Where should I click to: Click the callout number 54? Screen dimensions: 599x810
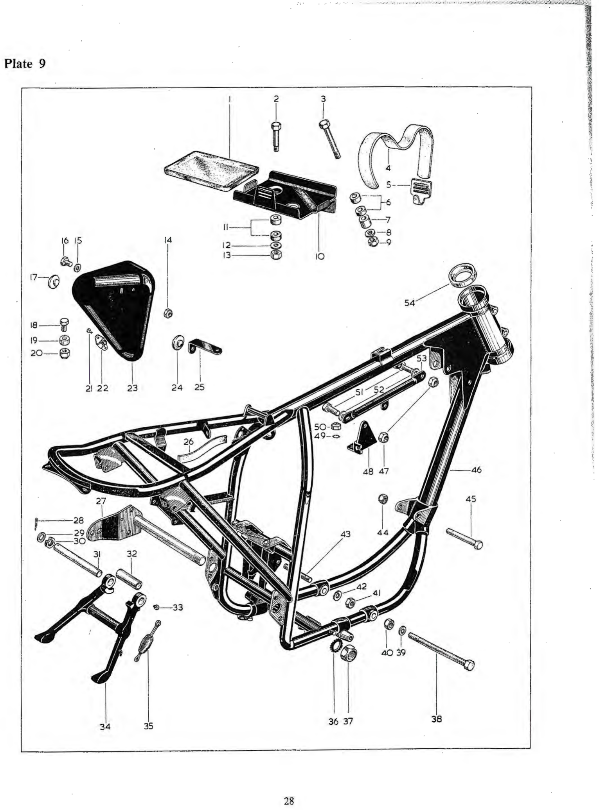(410, 302)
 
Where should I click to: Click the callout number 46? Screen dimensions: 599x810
(476, 470)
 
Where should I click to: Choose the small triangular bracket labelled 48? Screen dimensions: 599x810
(362, 436)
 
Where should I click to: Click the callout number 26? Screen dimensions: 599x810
(189, 442)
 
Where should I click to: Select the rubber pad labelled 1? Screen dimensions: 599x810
(211, 170)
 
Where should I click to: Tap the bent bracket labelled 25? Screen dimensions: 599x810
(205, 346)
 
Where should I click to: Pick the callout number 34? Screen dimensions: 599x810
(105, 726)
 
